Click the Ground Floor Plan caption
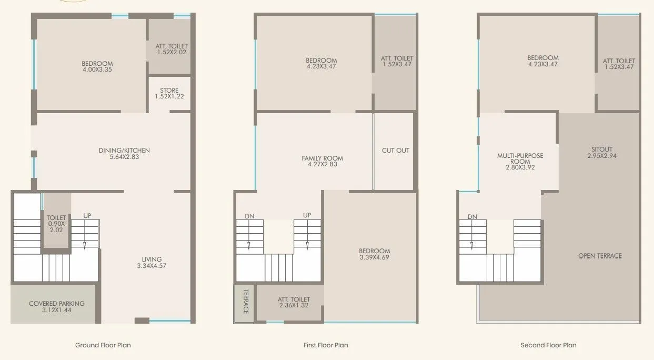click(103, 345)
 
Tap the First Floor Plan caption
click(326, 345)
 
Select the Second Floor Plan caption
click(548, 345)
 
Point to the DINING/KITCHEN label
click(124, 151)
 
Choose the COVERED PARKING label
click(56, 304)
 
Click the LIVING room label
click(152, 259)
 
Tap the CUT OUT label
click(395, 151)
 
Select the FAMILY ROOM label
click(322, 158)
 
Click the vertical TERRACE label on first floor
click(245, 302)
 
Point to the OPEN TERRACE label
click(600, 256)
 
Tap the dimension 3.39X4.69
click(374, 258)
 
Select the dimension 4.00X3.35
click(97, 69)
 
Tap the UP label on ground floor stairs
click(87, 216)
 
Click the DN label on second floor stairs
click(472, 217)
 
